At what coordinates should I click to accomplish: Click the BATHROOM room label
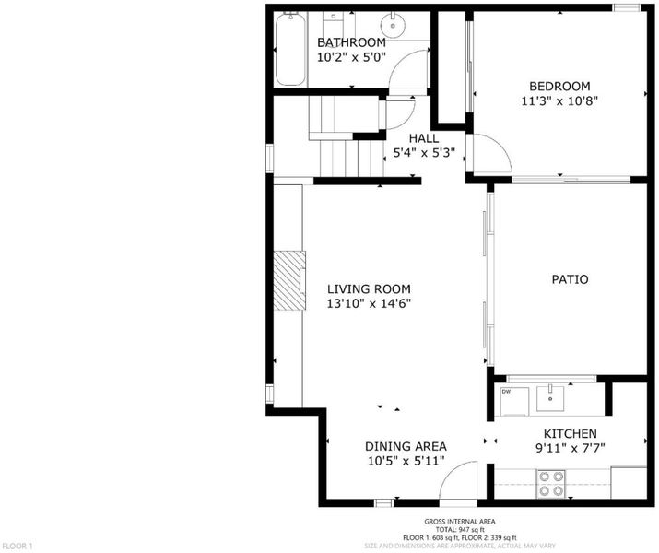[351, 42]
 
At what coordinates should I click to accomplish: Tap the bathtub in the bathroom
[290, 49]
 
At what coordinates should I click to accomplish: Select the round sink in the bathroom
[393, 25]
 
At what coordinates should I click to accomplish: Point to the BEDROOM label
[559, 86]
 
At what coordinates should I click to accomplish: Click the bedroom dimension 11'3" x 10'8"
[559, 100]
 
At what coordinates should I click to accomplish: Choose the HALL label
[424, 138]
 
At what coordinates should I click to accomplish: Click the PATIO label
[570, 279]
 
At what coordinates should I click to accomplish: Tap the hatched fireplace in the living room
[289, 280]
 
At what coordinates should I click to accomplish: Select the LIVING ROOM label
[369, 289]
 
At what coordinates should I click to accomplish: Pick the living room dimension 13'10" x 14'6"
[369, 303]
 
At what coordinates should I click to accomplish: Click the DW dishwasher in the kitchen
[514, 401]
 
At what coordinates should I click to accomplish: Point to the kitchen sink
[549, 397]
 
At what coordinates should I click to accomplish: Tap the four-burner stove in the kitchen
[551, 484]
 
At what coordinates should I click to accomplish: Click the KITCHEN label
[570, 434]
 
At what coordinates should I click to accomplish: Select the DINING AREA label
[406, 446]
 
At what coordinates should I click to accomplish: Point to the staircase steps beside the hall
[351, 159]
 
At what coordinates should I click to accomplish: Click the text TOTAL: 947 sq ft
[459, 529]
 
